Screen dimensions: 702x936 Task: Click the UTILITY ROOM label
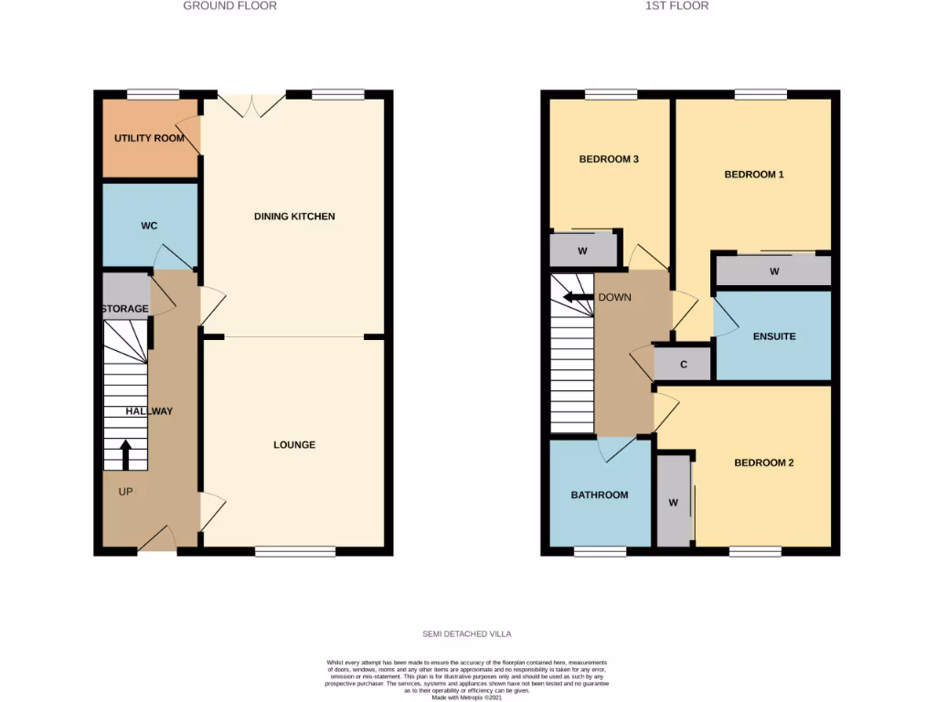click(x=149, y=138)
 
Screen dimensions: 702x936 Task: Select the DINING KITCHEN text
click(x=294, y=217)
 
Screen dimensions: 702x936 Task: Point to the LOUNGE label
click(x=294, y=445)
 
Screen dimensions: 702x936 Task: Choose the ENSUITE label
click(x=774, y=336)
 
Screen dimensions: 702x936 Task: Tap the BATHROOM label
click(x=600, y=495)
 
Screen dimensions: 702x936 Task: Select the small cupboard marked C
click(x=684, y=364)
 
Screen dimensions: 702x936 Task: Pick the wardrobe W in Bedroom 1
click(x=773, y=271)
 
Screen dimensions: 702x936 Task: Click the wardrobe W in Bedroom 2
click(x=674, y=502)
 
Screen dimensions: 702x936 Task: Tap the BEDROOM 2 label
click(x=764, y=463)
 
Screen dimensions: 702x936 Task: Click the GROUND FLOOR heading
click(x=229, y=5)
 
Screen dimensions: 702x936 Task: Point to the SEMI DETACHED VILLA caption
click(x=467, y=633)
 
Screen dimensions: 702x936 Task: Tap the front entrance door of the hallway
click(x=157, y=541)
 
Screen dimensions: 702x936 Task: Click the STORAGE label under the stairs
click(x=125, y=309)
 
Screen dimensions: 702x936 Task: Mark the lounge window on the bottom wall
click(x=294, y=551)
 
